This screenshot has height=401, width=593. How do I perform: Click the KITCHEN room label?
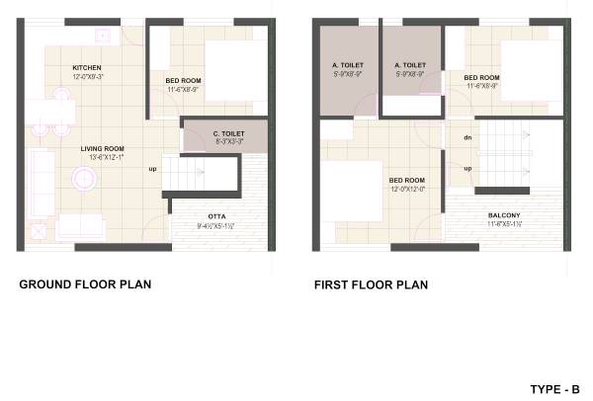click(88, 68)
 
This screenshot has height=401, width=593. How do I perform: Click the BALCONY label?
click(504, 215)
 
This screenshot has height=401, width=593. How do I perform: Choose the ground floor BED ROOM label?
click(185, 79)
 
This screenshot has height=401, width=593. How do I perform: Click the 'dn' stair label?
click(466, 137)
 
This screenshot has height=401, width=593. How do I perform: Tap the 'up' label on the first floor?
click(466, 167)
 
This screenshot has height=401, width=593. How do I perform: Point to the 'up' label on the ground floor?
click(152, 168)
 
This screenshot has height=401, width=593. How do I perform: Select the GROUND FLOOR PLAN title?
click(85, 285)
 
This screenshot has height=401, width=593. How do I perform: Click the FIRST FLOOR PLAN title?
click(371, 285)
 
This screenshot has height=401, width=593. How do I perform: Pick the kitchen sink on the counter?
click(101, 35)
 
